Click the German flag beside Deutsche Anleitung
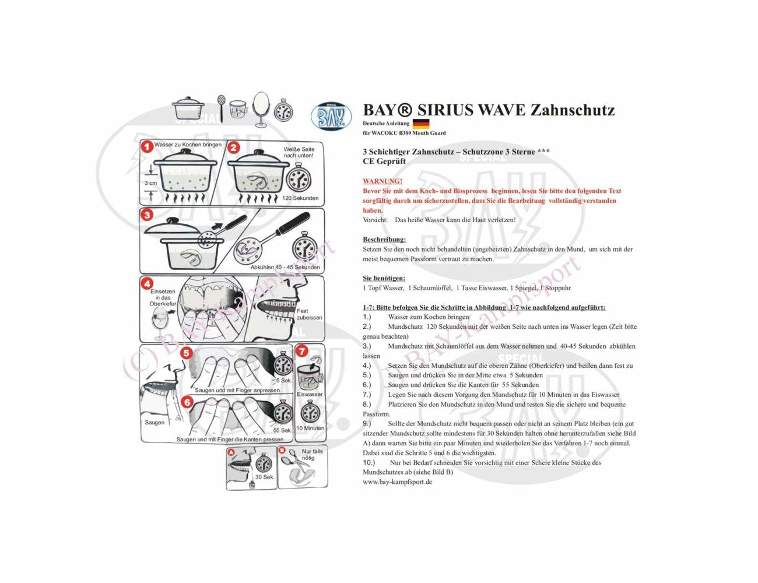[420, 124]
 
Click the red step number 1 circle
[147, 147]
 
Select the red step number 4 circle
[147, 284]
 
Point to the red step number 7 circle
[302, 351]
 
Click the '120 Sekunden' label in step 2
[300, 198]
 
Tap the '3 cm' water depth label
[150, 182]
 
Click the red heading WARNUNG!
[382, 181]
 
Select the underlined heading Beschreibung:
[384, 240]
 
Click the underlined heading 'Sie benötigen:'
[384, 278]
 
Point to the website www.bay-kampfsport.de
[397, 482]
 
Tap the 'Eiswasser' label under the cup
[310, 394]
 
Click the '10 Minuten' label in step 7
[310, 428]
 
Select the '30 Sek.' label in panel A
[265, 477]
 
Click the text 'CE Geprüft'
[384, 161]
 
